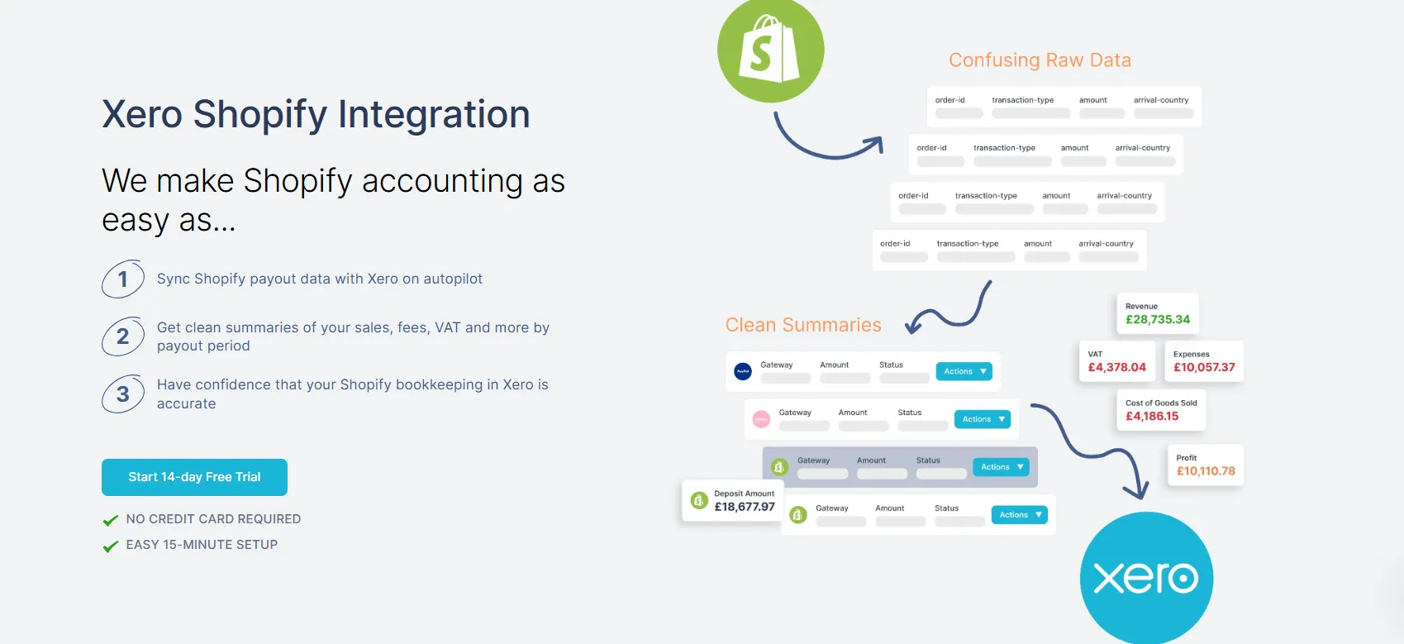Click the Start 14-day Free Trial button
coord(194,477)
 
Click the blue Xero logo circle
coord(1146,578)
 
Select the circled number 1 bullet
coord(122,279)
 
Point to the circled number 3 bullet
coord(122,394)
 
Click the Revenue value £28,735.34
coord(1158,319)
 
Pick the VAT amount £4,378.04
coord(1116,367)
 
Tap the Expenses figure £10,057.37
coord(1204,367)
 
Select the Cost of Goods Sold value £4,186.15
coord(1152,416)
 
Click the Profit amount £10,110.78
coord(1206,471)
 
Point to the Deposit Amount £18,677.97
coord(745,507)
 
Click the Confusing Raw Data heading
coord(1040,60)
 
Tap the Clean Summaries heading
coord(803,325)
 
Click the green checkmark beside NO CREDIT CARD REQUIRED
coord(110,520)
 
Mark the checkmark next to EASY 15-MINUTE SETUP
coord(110,546)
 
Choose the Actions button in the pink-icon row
coord(982,419)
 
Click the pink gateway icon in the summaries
coord(761,420)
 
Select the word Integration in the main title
coord(434,114)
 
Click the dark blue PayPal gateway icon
coord(743,372)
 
